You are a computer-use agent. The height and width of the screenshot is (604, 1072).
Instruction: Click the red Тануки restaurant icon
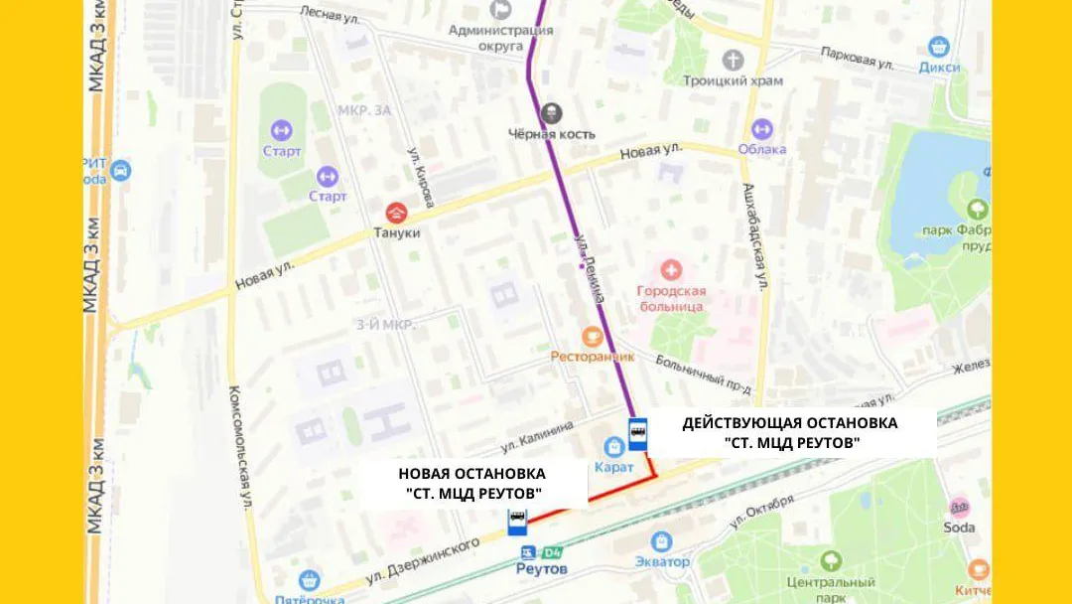pyautogui.click(x=396, y=212)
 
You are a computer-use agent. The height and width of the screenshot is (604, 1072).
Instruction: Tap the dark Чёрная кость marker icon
pyautogui.click(x=551, y=113)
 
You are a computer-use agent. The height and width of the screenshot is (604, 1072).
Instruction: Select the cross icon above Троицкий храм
pyautogui.click(x=733, y=60)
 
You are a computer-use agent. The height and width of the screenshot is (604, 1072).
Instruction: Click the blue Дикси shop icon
pyautogui.click(x=939, y=47)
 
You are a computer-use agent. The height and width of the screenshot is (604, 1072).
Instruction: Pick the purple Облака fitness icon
pyautogui.click(x=762, y=129)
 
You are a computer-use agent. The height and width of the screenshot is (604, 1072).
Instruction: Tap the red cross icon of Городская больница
pyautogui.click(x=671, y=269)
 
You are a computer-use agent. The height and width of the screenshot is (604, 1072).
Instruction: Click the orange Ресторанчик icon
pyautogui.click(x=593, y=337)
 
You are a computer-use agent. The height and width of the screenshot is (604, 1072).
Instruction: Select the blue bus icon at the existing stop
pyautogui.click(x=637, y=434)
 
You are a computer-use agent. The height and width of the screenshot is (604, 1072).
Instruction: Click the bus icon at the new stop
pyautogui.click(x=517, y=521)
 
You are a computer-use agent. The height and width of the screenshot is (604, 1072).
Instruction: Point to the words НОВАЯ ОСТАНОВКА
pyautogui.click(x=471, y=474)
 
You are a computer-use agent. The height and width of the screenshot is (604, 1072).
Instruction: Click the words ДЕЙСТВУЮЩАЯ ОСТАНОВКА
pyautogui.click(x=789, y=423)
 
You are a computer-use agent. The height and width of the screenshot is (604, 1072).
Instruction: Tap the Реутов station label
pyautogui.click(x=542, y=569)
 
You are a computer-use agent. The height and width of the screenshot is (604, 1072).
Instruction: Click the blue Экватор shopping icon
pyautogui.click(x=662, y=541)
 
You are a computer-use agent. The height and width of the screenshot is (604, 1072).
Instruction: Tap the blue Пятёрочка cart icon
pyautogui.click(x=310, y=580)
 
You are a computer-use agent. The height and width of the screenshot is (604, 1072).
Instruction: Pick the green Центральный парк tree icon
pyautogui.click(x=832, y=561)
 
